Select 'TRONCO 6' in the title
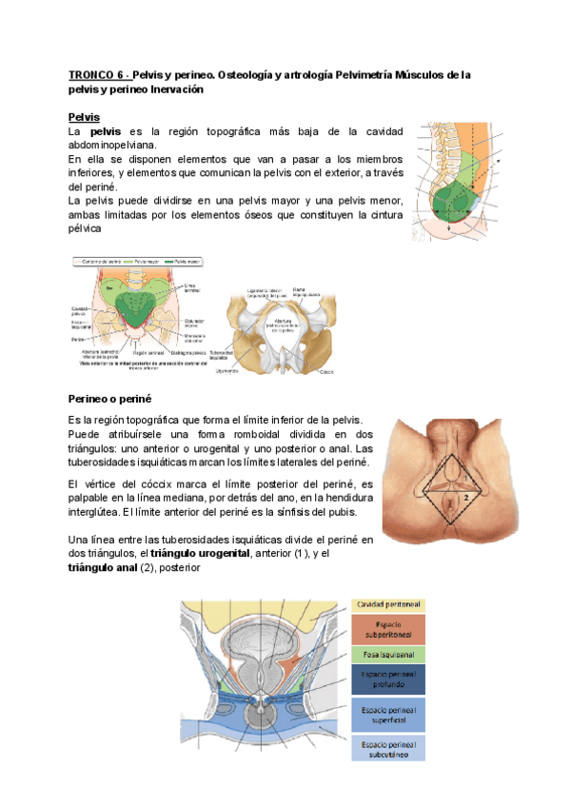tap(96, 74)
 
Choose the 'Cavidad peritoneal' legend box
tap(388, 604)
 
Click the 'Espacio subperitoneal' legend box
tap(388, 630)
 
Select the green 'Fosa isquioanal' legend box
tap(388, 655)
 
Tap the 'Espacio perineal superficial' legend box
tap(388, 714)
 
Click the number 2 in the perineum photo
tap(465, 497)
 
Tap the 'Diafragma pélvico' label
tap(195, 351)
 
